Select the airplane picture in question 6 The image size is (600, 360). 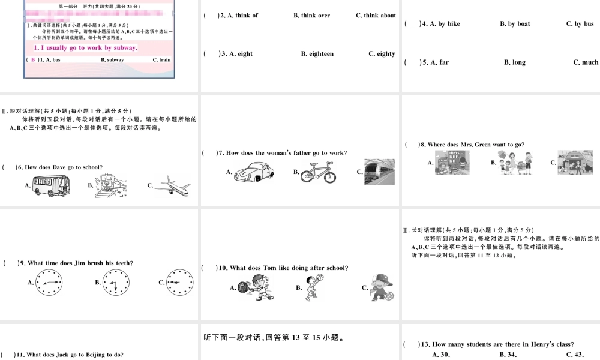point(172,187)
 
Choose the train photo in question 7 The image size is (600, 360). point(379,172)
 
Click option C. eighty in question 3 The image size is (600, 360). point(382,54)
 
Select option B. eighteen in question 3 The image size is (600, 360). point(317,54)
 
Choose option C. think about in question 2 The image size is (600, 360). point(376,16)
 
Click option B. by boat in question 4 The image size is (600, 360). point(515,24)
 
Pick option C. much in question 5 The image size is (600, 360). point(586,62)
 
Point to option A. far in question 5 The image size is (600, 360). point(435,62)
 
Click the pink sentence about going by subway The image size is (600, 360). point(85,47)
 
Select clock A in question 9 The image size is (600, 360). point(48,282)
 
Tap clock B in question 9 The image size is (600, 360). point(115,282)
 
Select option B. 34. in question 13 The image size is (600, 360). point(508,355)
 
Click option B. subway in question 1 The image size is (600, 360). point(112,60)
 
